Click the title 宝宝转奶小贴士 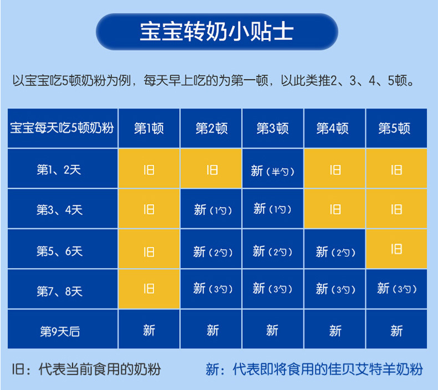[217, 31]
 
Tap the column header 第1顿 [149, 128]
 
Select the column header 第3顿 [273, 128]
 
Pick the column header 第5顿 [396, 128]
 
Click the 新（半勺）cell [273, 169]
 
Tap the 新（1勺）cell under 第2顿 [211, 209]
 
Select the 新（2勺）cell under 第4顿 [335, 249]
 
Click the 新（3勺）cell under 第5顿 [396, 289]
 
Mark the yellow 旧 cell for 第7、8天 [149, 289]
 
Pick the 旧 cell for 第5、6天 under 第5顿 [396, 249]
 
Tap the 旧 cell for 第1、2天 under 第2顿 [211, 169]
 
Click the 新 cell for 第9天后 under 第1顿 [149, 329]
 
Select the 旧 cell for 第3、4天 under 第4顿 [335, 209]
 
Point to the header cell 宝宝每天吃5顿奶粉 [63, 128]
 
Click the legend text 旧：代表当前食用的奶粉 [86, 369]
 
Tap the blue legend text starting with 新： [314, 369]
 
